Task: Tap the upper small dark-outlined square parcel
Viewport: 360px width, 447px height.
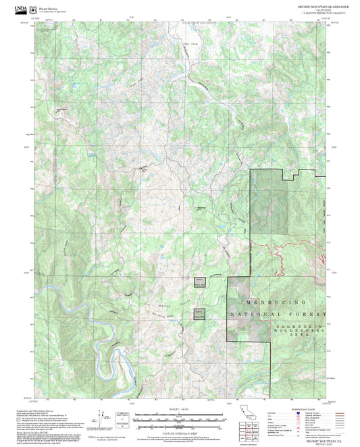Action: [x=199, y=283]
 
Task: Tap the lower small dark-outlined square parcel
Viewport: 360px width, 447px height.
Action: [x=199, y=313]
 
